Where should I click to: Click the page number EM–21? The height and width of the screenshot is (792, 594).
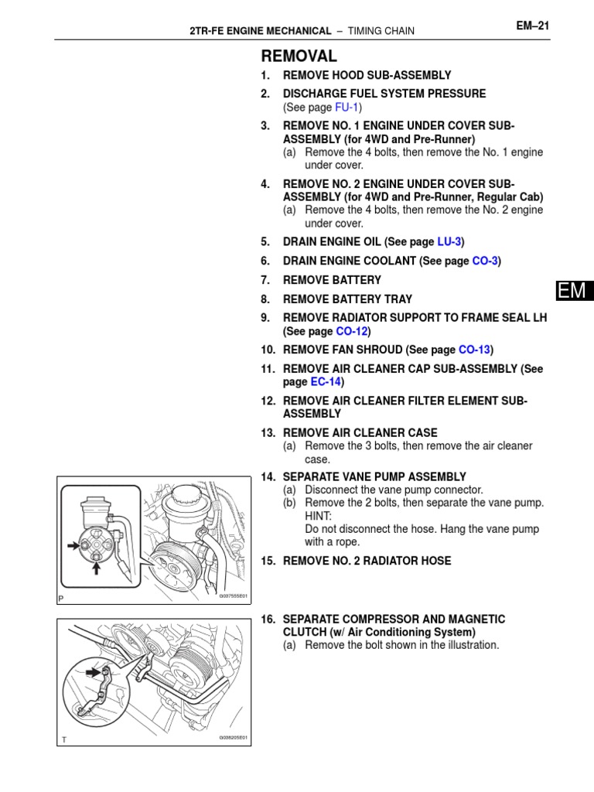click(532, 26)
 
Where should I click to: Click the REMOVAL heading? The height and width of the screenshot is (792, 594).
click(299, 56)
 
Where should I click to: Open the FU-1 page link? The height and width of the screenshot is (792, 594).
click(346, 107)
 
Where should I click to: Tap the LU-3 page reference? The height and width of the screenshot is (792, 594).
click(449, 242)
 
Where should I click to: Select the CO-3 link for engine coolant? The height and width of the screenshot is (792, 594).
click(484, 261)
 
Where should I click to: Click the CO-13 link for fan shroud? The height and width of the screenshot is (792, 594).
click(473, 350)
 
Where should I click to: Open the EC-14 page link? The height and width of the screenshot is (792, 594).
click(326, 382)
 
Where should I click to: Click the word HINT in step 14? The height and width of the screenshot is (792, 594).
click(318, 515)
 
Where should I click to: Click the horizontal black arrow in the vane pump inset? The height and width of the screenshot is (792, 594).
click(74, 544)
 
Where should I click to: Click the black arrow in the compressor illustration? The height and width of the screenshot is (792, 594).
click(95, 673)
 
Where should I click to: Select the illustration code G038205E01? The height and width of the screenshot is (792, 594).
click(231, 738)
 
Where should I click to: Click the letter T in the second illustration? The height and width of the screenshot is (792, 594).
click(65, 740)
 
